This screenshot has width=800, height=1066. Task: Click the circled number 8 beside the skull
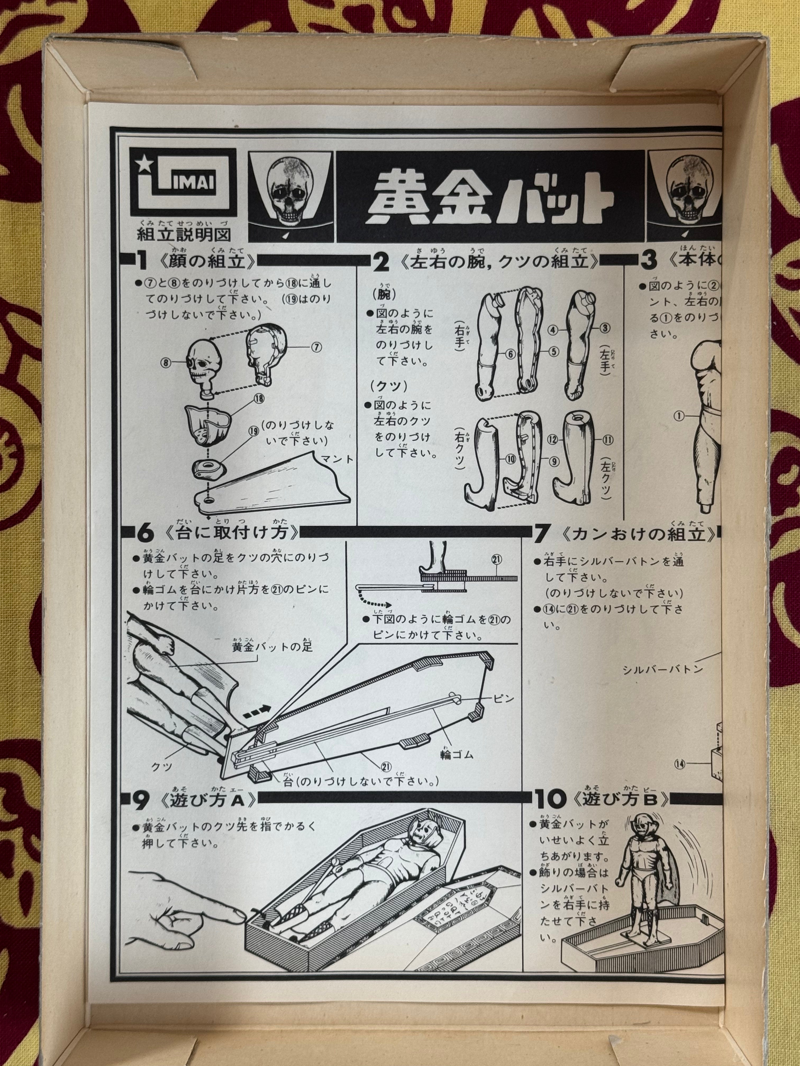pyautogui.click(x=166, y=362)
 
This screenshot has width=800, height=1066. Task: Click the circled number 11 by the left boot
pyautogui.click(x=607, y=439)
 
